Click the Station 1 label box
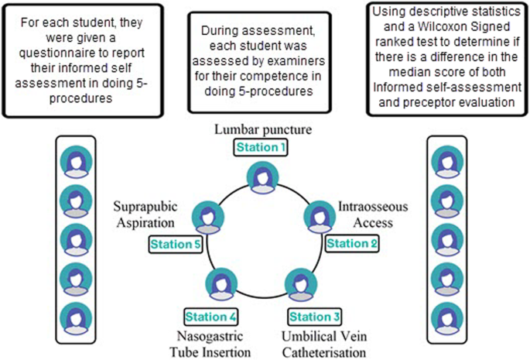[262, 146]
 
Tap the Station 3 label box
[313, 316]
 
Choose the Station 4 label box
[210, 316]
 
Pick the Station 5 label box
[175, 245]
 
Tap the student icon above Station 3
[299, 283]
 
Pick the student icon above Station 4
[222, 283]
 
